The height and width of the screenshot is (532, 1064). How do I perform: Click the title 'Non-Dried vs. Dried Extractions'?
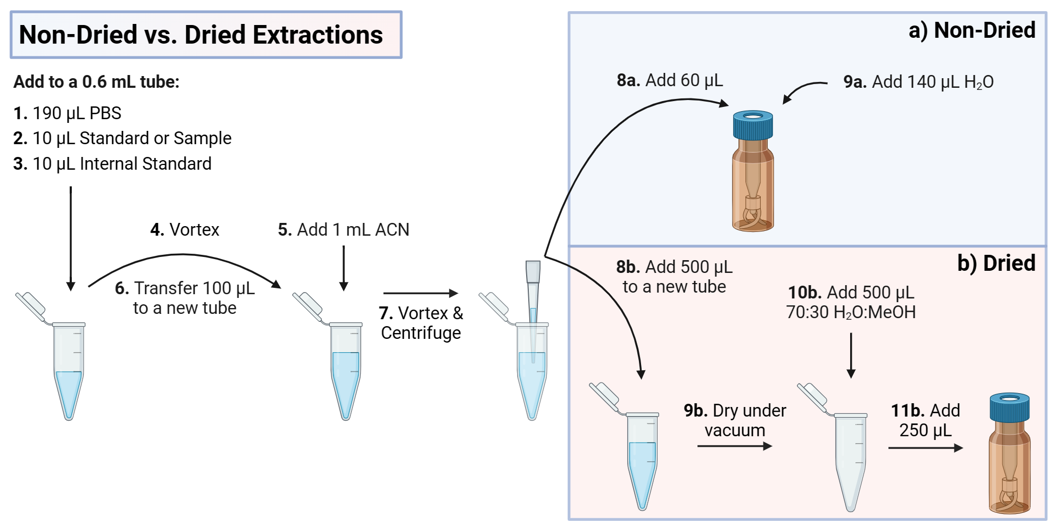[x=201, y=35]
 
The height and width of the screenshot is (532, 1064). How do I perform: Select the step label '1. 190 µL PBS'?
[x=68, y=113]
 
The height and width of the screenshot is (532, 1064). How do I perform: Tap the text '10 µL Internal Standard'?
[x=122, y=164]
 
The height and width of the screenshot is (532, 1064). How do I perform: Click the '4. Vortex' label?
[x=185, y=229]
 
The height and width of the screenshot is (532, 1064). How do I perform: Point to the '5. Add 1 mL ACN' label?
[x=343, y=229]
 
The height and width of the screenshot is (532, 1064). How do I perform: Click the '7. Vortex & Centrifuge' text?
[x=421, y=323]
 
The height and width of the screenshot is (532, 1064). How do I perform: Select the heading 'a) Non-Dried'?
[x=971, y=30]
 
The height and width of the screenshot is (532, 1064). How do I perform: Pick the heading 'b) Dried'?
[x=996, y=263]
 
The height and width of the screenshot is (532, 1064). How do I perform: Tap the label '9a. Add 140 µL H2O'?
[x=918, y=82]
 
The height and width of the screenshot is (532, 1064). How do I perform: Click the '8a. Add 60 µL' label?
[x=670, y=80]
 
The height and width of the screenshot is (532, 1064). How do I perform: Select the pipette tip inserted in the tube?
[x=533, y=298]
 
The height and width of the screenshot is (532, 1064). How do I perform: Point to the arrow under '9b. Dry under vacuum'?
[x=734, y=446]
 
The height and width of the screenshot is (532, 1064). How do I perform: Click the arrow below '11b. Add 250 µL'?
[x=925, y=448]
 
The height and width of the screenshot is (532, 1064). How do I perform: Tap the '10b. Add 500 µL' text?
[x=851, y=293]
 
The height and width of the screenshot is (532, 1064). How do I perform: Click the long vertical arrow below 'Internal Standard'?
[x=71, y=237]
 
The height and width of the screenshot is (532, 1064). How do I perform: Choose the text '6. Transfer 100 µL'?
[x=185, y=288]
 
